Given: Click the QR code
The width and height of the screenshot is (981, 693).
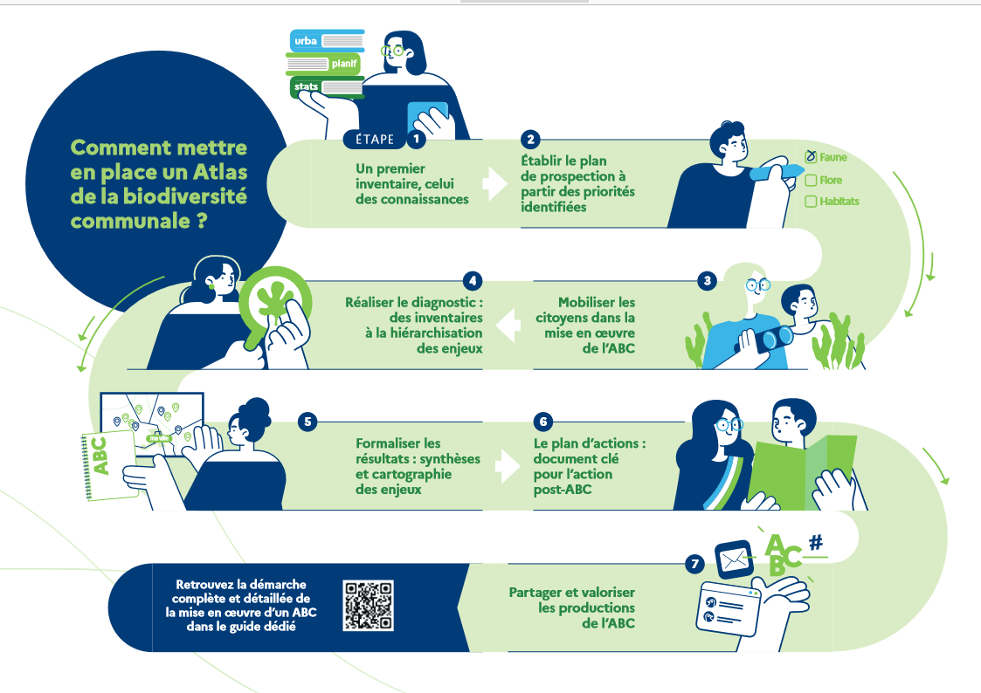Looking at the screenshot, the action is click(x=369, y=605).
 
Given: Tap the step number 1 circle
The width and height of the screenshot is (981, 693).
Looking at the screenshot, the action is click(x=416, y=139).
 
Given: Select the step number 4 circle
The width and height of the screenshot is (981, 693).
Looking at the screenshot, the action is click(x=473, y=280).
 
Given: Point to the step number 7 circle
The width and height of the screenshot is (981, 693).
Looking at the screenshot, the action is click(x=695, y=565).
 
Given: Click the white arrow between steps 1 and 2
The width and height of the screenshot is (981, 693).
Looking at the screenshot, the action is click(x=495, y=183).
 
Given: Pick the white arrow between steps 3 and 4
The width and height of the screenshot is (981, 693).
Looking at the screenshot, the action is click(x=508, y=325).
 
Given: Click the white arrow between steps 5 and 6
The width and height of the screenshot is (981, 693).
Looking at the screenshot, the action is click(x=508, y=466).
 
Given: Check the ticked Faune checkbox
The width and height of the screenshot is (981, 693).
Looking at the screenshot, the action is click(x=811, y=156).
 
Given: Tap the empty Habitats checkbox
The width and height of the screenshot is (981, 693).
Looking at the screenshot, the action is click(x=811, y=202).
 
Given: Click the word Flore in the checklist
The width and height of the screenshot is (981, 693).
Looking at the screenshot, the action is click(x=831, y=180).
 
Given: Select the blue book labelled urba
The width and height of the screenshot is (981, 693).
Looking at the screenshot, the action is click(x=328, y=41).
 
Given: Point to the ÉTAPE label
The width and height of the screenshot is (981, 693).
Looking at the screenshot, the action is click(x=375, y=140).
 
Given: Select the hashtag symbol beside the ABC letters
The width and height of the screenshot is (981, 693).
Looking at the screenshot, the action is click(x=816, y=542).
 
